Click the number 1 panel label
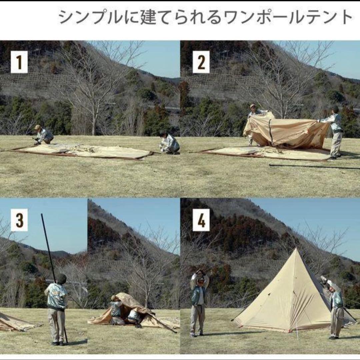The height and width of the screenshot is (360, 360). click(19, 62)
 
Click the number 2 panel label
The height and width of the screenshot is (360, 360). click(201, 62)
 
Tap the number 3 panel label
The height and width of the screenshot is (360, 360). click(19, 220)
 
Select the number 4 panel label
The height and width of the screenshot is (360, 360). click(201, 220)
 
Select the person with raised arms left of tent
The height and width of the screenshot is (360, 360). click(199, 300)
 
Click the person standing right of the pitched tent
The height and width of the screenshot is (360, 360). click(335, 307)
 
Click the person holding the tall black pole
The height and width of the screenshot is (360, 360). click(57, 307)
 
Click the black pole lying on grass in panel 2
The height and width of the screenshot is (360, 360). click(313, 166)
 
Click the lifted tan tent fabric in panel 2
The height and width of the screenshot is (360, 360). click(287, 132)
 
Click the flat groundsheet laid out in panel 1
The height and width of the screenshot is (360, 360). click(83, 152)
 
